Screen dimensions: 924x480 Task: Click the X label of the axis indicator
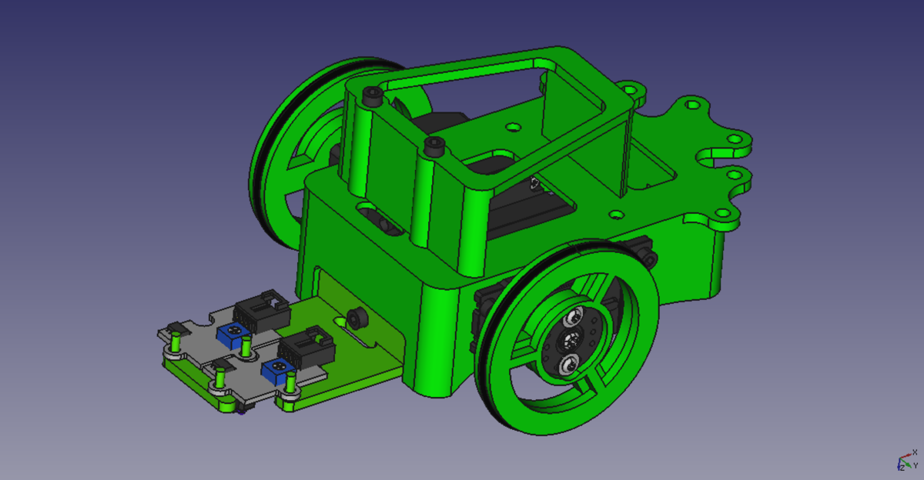(915, 452)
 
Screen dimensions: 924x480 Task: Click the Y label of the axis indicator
(915, 466)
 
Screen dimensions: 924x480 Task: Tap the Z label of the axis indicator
(902, 468)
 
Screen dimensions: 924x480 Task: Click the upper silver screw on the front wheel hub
(574, 317)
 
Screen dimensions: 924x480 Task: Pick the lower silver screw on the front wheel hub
(567, 364)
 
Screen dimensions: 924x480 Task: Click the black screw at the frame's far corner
(373, 96)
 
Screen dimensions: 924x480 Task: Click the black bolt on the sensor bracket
(357, 318)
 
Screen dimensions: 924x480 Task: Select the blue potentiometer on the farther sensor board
(233, 335)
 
